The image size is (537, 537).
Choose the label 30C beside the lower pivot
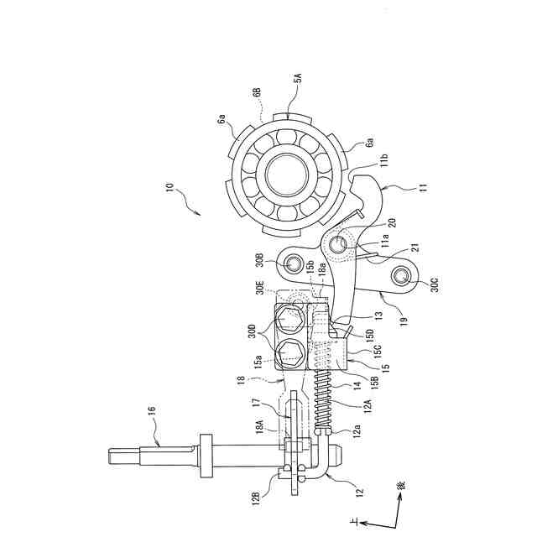pos(435,283)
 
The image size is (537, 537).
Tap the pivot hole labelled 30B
pos(294,263)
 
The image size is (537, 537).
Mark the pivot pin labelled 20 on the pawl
pos(338,243)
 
